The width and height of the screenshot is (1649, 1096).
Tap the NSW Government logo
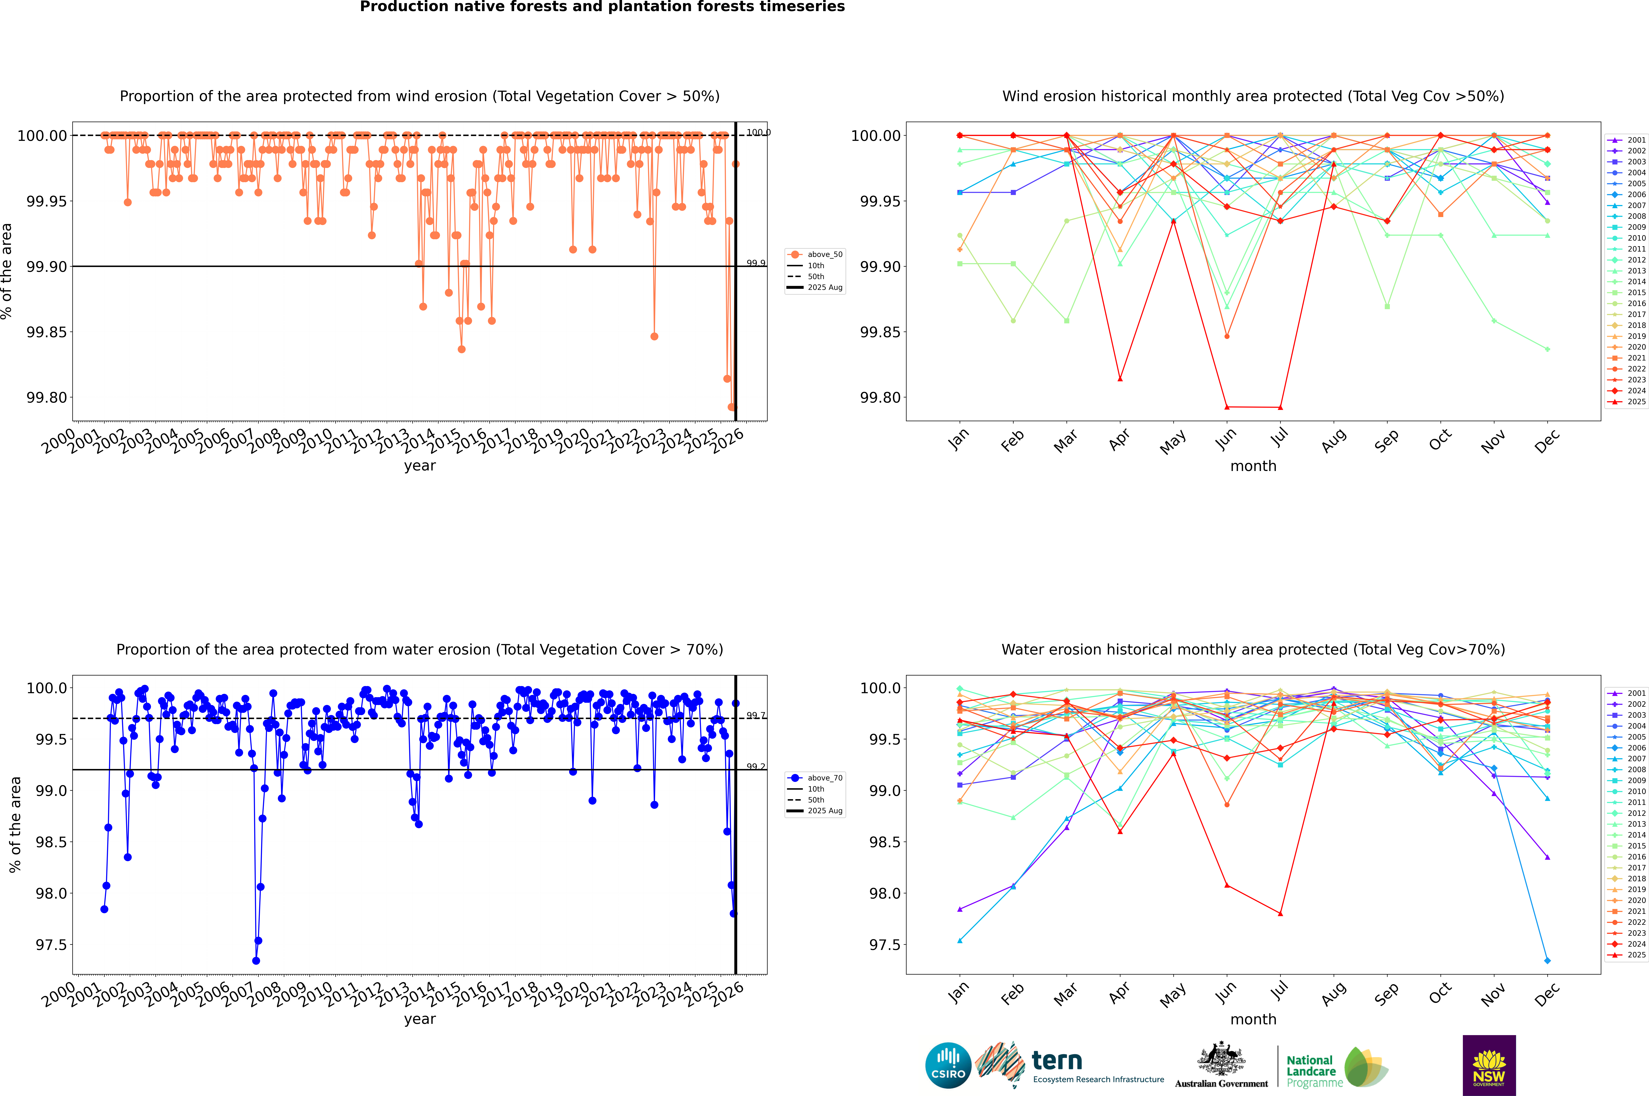point(1489,1065)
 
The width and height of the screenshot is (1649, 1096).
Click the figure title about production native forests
point(602,7)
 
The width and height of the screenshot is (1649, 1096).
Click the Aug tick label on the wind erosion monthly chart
point(1333,440)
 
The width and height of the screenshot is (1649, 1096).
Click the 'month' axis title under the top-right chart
point(1253,466)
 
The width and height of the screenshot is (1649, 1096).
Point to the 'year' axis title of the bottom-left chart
point(419,1019)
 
